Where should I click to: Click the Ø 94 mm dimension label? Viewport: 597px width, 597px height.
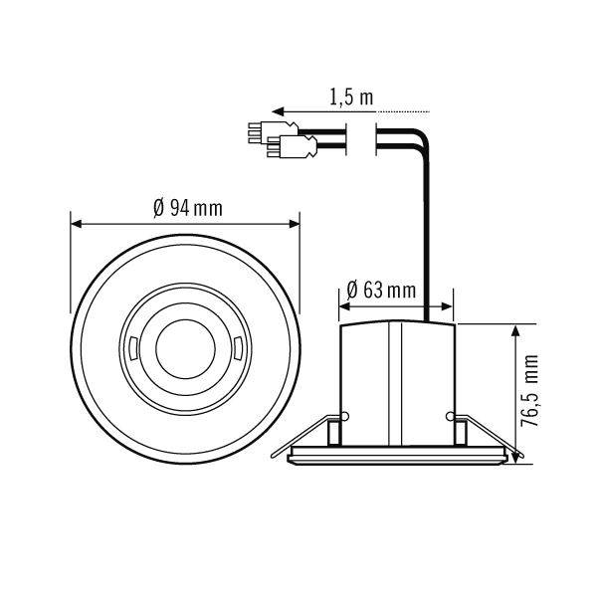coord(188,208)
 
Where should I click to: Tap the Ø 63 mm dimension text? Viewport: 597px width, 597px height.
coord(381,291)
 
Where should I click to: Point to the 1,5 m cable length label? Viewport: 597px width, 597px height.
coord(350,97)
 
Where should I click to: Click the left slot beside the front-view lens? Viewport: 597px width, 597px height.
coord(132,347)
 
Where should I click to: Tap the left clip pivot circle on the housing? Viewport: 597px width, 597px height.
coord(345,415)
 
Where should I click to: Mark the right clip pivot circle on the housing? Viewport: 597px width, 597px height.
coord(450,415)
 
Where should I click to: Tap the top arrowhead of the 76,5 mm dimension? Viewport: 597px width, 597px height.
coord(515,329)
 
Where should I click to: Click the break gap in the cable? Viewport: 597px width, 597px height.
coord(363,138)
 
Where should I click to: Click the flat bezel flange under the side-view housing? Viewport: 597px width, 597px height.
coord(398,456)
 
